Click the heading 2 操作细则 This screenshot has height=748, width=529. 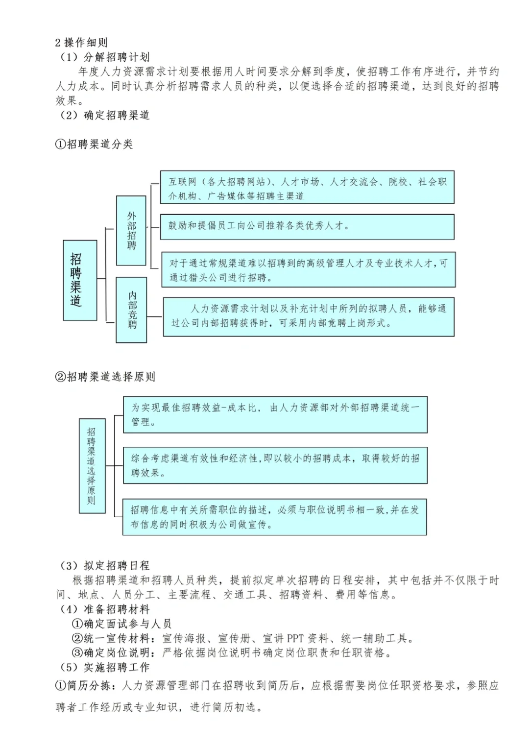click(x=81, y=43)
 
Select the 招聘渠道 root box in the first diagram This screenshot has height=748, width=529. click(x=80, y=280)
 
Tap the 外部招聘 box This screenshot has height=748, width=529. click(x=131, y=231)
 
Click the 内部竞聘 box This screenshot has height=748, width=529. click(x=131, y=310)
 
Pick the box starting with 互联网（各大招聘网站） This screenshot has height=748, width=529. click(x=307, y=188)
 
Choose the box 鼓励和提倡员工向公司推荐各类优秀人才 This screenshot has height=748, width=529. click(x=307, y=226)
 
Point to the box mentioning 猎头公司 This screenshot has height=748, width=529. click(x=308, y=270)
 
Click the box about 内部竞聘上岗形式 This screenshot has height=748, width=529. click(x=309, y=316)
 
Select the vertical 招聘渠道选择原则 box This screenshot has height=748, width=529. click(x=92, y=466)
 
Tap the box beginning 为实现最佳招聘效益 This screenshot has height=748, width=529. click(x=275, y=414)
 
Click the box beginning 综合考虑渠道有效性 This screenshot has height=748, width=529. click(x=275, y=465)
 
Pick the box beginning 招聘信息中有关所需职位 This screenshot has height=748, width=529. click(x=275, y=517)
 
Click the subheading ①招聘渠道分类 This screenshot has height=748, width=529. click(x=94, y=144)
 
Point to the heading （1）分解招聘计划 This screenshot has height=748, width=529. click(x=105, y=57)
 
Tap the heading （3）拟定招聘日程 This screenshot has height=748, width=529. click(x=105, y=565)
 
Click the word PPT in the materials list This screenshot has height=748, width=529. click(x=295, y=638)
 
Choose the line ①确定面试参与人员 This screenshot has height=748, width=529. click(x=122, y=624)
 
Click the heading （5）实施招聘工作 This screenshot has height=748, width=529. click(x=105, y=667)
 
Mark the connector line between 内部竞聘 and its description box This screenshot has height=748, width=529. click(x=155, y=316)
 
